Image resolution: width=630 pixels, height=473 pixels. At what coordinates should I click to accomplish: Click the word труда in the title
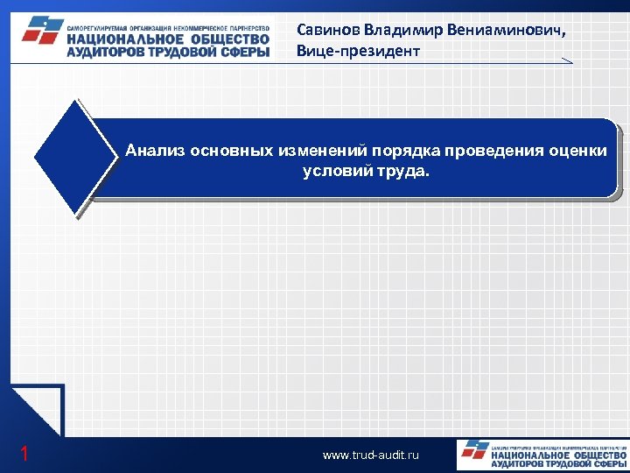click(403, 171)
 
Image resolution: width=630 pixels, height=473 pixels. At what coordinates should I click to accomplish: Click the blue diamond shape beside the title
click(75, 158)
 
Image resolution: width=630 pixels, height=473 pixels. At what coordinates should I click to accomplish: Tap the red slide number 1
click(24, 454)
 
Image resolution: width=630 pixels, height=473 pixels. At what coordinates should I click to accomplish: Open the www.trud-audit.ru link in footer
click(371, 455)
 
